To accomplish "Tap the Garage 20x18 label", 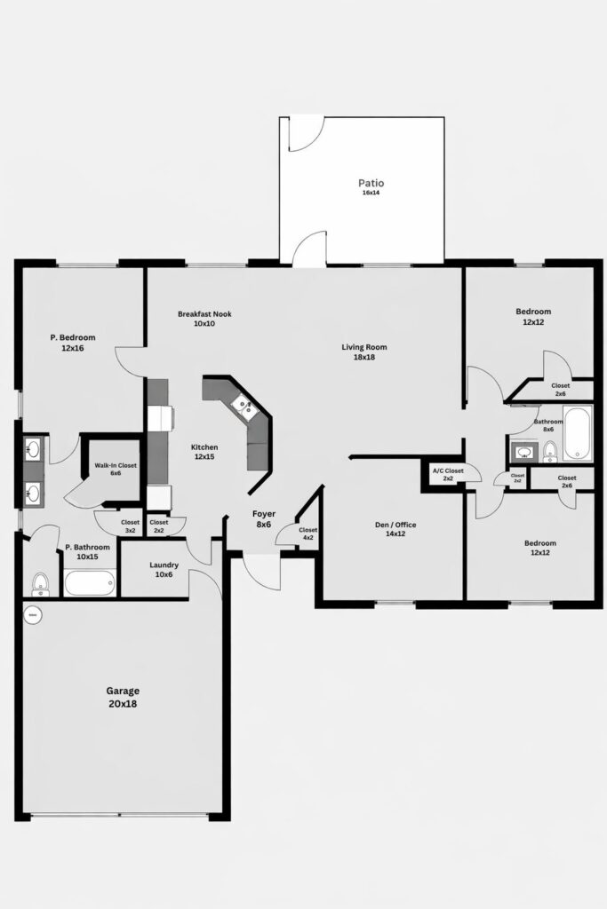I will (x=123, y=697).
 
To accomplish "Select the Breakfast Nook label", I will (x=196, y=319).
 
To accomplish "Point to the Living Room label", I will (x=364, y=352).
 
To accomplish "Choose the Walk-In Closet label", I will (x=116, y=470).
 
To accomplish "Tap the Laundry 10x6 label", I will (x=164, y=569).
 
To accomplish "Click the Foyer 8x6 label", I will (x=265, y=518).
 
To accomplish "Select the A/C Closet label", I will (x=448, y=474).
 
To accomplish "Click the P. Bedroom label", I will (x=72, y=343).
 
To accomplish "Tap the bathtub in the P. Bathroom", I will (x=89, y=583).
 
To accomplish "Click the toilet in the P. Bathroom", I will (x=40, y=583).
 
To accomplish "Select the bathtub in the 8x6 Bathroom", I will (x=577, y=433).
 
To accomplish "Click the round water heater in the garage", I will (x=33, y=613).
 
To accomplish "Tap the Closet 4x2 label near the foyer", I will (x=308, y=534).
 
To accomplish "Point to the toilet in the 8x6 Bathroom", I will (x=550, y=452).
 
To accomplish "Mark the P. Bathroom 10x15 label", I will (x=87, y=552).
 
